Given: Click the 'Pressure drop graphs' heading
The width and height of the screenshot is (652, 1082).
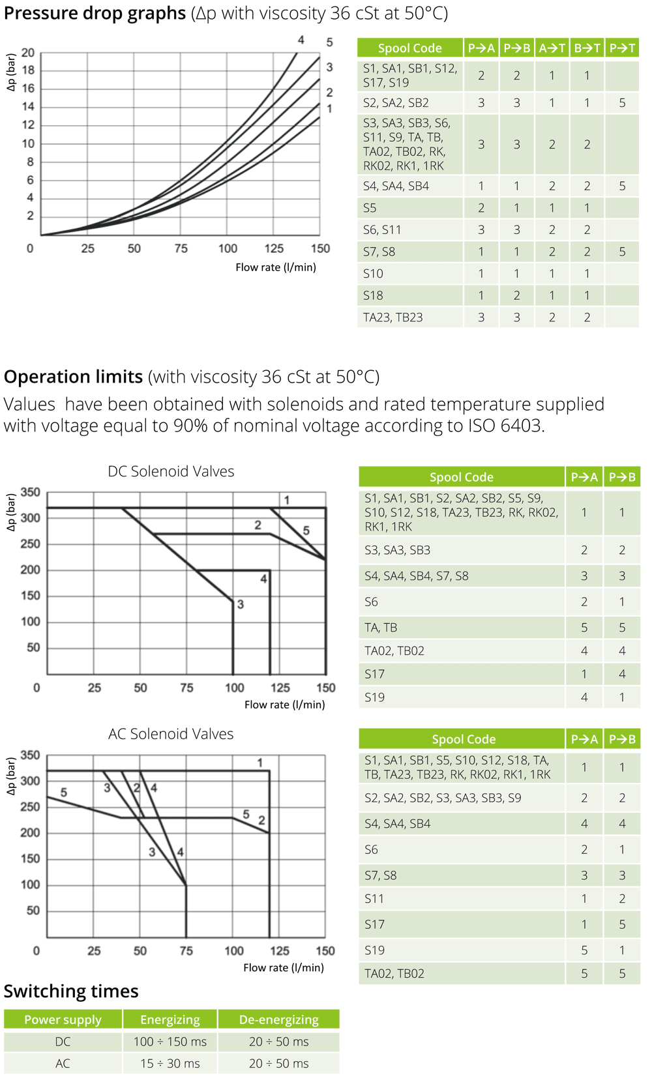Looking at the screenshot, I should [95, 13].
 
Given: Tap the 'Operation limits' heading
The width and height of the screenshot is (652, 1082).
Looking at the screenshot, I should [73, 377].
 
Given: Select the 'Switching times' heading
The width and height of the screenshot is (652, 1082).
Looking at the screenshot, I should [71, 991].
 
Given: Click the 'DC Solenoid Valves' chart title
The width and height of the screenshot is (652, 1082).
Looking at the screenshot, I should [171, 471].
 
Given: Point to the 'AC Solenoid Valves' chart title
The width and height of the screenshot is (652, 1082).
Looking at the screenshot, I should [171, 734].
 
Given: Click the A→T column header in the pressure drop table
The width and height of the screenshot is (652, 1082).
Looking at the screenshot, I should [552, 48].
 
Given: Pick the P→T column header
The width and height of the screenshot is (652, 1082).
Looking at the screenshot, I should [622, 48].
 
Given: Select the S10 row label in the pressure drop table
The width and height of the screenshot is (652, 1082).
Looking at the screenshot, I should [373, 274].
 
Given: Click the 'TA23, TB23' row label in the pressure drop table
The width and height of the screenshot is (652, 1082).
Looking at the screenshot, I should [393, 317].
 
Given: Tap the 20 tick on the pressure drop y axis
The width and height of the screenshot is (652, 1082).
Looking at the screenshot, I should [28, 53].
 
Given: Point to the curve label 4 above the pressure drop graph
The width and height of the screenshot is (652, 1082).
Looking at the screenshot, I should [301, 40].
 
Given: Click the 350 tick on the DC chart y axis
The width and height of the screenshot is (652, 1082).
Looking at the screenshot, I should [30, 492].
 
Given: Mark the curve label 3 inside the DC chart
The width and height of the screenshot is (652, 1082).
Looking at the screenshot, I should [241, 604].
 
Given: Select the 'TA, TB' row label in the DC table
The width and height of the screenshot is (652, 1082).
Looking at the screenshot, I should [381, 628].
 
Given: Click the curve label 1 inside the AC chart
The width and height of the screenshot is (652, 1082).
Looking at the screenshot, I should [259, 763].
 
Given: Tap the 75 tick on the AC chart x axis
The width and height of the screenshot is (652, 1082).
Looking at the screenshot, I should [186, 951].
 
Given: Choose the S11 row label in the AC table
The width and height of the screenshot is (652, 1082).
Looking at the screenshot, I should [374, 899].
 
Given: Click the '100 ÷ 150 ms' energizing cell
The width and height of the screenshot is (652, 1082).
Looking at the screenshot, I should [170, 1042].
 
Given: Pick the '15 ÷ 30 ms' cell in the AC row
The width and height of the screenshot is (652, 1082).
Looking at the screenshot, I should [170, 1063].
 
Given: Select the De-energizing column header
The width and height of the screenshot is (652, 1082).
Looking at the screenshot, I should [278, 1019].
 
